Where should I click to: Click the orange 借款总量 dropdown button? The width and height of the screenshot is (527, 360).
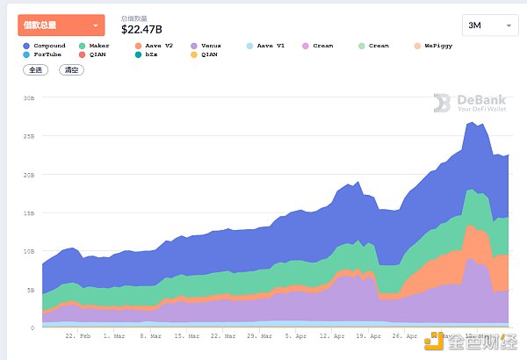click(x=61, y=25)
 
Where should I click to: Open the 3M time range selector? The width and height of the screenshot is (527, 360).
click(x=488, y=26)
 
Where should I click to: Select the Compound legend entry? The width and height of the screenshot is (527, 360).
click(x=46, y=46)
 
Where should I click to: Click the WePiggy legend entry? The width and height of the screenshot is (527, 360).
click(x=437, y=46)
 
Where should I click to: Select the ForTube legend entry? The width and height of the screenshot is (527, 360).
click(x=46, y=54)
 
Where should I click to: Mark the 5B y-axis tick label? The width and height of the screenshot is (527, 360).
click(x=30, y=290)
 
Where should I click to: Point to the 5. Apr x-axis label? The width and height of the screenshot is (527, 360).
click(x=294, y=335)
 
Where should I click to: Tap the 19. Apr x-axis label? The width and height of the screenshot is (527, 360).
click(x=368, y=335)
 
